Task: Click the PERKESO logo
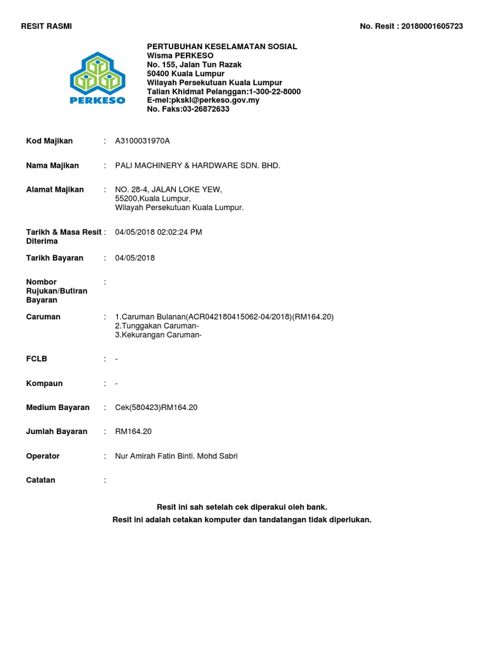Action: click(x=97, y=78)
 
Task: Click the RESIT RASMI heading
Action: click(x=47, y=26)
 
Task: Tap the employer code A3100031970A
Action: click(x=142, y=141)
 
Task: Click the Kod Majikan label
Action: click(x=49, y=141)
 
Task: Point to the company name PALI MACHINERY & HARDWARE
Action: click(x=197, y=165)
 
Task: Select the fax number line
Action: click(x=188, y=109)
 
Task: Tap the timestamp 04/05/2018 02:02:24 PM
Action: click(x=158, y=232)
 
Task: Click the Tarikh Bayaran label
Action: click(x=54, y=257)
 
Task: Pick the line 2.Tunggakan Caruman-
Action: click(x=157, y=326)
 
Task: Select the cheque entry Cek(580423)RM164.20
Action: click(x=156, y=408)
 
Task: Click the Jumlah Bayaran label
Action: click(x=57, y=432)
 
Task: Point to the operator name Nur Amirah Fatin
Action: click(x=176, y=455)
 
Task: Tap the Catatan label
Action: click(x=40, y=479)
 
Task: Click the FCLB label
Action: click(x=37, y=358)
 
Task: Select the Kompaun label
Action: click(x=44, y=383)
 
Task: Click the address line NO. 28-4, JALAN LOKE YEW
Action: click(x=168, y=189)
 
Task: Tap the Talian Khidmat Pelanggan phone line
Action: click(x=224, y=91)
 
